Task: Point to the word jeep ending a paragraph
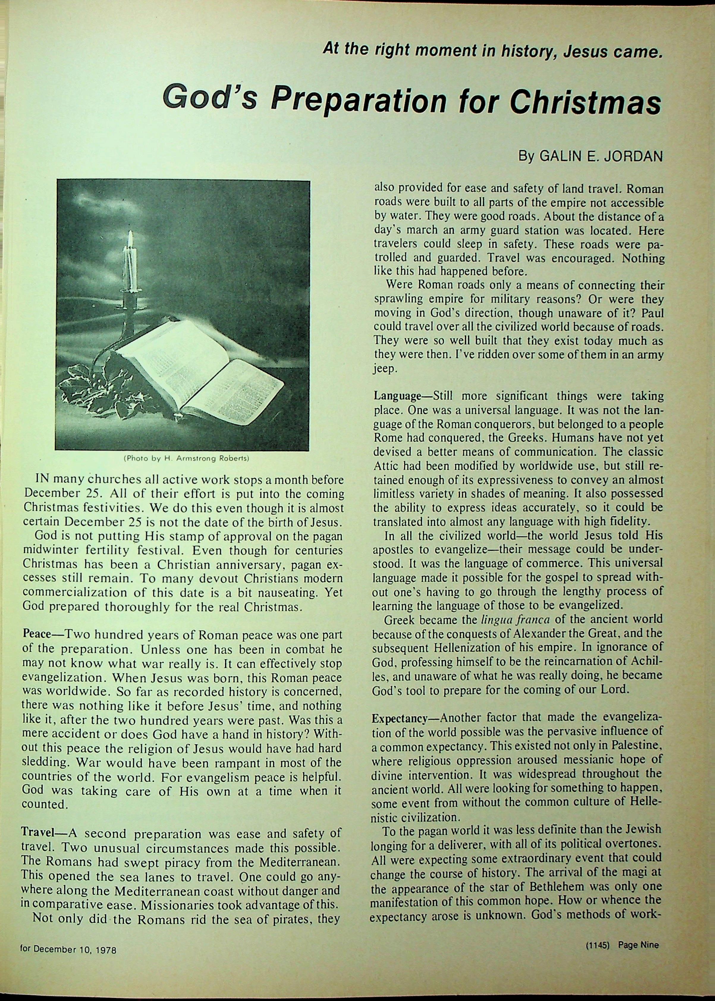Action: [x=384, y=369]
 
